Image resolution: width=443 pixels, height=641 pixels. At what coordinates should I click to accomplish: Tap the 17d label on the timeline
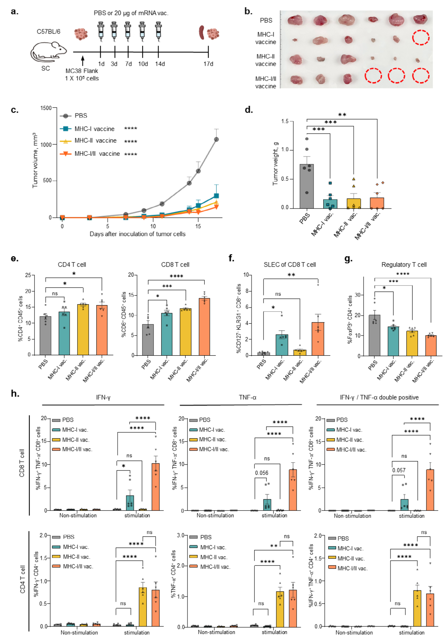(208, 64)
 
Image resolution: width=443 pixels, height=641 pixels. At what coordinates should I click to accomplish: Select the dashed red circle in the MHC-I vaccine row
(421, 37)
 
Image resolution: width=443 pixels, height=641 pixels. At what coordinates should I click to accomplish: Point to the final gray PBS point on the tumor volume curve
(216, 139)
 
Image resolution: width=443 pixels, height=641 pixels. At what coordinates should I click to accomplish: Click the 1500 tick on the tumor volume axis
(46, 108)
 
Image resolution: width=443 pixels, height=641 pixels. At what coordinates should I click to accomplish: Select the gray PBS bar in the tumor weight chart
(306, 186)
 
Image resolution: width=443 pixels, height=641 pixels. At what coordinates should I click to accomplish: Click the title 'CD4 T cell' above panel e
(72, 265)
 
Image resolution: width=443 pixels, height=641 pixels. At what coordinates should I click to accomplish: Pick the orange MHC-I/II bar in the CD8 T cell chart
(204, 327)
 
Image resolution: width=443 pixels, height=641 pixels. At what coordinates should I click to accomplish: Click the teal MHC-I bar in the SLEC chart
(282, 345)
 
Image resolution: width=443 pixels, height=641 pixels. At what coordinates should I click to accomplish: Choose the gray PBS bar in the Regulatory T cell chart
(374, 335)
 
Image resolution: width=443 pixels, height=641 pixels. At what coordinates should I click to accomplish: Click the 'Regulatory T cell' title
(404, 265)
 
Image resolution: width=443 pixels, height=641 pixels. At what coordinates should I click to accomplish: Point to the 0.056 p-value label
(262, 473)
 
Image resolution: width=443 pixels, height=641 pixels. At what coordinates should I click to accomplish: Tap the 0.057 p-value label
(399, 470)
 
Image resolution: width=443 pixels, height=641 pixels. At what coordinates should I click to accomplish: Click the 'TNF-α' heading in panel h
(247, 397)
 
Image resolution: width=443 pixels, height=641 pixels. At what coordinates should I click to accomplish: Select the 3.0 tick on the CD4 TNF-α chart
(181, 535)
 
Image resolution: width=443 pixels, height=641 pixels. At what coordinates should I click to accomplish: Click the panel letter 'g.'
(348, 259)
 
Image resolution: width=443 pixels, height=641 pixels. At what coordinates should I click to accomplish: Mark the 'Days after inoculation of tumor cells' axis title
(137, 234)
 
